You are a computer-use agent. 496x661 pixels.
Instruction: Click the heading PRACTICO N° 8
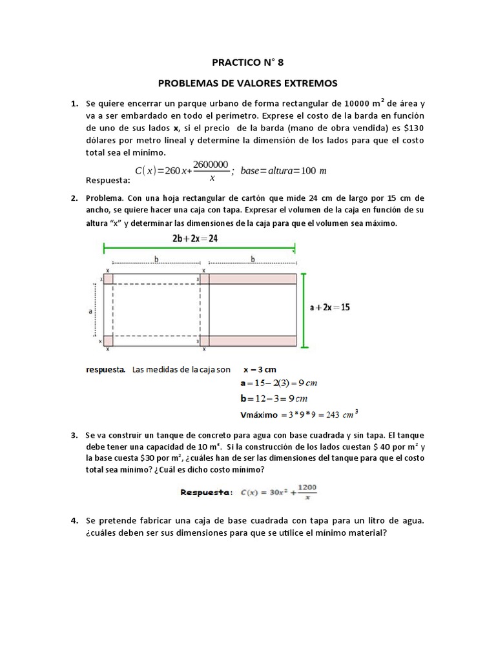[248, 63]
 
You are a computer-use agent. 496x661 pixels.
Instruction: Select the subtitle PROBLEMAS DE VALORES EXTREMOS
[248, 83]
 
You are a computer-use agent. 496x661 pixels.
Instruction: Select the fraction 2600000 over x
[211, 170]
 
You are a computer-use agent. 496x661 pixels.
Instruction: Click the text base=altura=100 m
[284, 170]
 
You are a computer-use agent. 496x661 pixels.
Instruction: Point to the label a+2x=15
[330, 308]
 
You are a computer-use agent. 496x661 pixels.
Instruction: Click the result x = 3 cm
[260, 370]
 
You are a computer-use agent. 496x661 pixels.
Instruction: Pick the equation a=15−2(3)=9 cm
[278, 383]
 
